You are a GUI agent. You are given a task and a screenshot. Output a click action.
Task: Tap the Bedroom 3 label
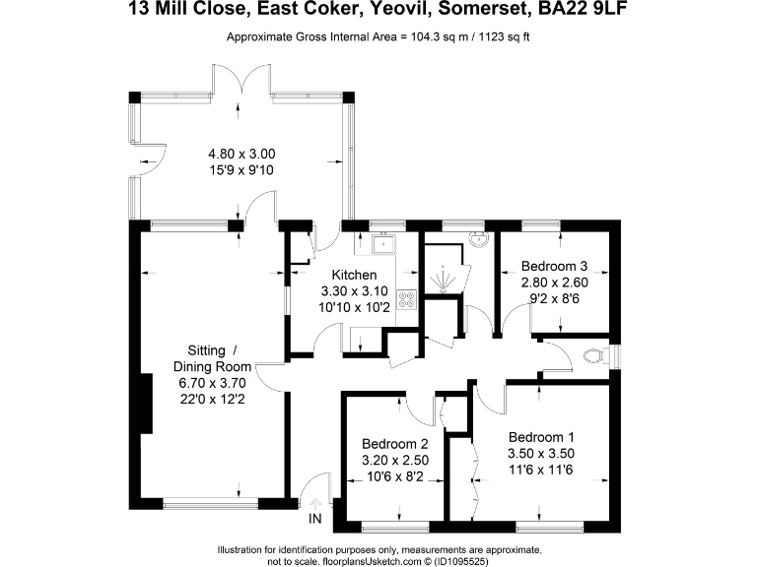[555, 266]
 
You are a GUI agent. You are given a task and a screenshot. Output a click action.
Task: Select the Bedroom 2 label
[394, 443]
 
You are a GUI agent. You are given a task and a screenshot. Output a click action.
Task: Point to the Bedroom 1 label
[541, 437]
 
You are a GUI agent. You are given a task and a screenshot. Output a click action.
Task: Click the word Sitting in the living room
[205, 350]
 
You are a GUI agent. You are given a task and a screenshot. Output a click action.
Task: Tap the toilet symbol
[596, 355]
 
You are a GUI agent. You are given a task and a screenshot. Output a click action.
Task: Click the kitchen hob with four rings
[408, 304]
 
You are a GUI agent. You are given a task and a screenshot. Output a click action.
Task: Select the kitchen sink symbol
[381, 243]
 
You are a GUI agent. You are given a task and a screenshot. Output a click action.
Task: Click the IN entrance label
[315, 519]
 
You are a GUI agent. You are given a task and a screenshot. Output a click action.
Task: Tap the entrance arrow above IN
[315, 503]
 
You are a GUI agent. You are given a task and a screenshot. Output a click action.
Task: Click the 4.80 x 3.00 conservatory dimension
[241, 154]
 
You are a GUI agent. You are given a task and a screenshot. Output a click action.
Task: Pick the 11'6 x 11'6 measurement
[541, 469]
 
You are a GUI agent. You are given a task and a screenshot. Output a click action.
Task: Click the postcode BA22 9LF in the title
[582, 12]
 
